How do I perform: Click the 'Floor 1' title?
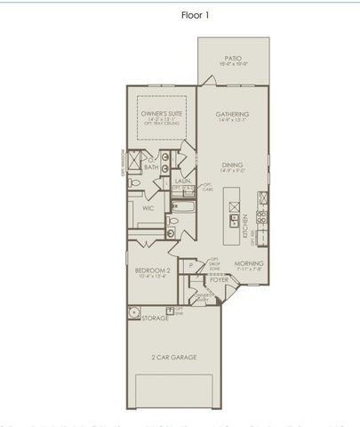pos(180,15)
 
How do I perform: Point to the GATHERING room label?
pos(233,115)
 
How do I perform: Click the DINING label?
pos(233,165)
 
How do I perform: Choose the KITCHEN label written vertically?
pos(244,230)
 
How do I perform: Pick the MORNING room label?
pos(249,264)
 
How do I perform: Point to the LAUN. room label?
pos(182,181)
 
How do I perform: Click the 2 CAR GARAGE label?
pos(174,357)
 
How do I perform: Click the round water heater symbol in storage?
pos(134,313)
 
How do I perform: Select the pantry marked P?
pos(190,266)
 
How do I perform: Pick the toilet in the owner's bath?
pos(134,181)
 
